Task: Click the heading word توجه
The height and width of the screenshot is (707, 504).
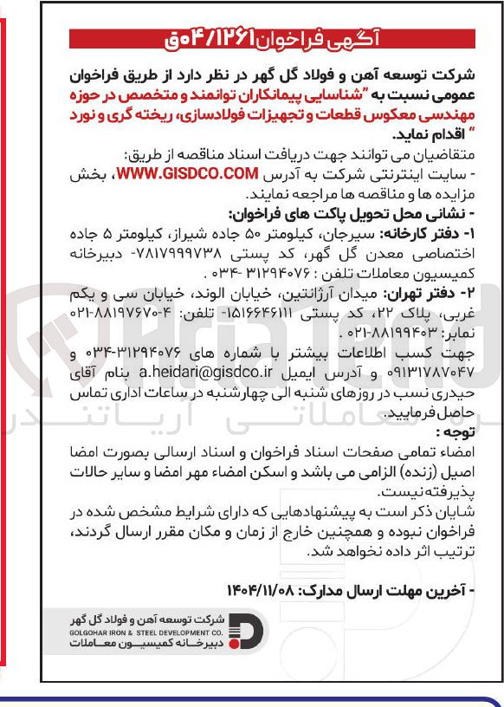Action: tap(457, 431)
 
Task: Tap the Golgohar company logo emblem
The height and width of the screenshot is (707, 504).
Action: tap(249, 633)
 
